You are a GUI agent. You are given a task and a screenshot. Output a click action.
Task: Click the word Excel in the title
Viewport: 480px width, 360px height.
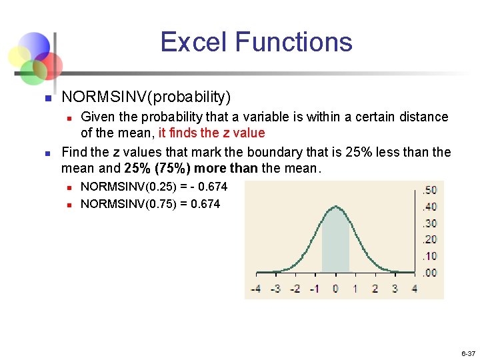point(194,42)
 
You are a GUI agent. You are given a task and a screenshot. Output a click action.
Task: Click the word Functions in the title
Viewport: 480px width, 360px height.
point(293,42)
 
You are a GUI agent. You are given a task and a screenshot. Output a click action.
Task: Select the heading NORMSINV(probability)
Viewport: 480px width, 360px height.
point(146,97)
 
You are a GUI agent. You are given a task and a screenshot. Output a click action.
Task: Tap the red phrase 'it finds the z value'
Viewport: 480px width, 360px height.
point(211,133)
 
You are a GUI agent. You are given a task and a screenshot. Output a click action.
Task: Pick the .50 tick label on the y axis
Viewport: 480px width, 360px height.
point(430,191)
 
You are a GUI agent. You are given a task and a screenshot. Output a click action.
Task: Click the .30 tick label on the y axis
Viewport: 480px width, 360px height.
point(430,223)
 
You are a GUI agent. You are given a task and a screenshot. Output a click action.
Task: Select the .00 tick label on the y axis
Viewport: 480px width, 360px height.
point(430,272)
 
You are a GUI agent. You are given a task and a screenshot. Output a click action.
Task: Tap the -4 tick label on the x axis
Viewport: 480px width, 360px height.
point(255,289)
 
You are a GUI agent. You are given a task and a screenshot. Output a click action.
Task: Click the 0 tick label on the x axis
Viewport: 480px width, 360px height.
point(335,289)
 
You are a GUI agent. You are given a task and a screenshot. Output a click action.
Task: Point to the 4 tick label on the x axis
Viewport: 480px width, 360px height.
point(415,289)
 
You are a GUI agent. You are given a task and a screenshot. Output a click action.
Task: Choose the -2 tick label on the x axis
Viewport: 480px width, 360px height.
point(295,289)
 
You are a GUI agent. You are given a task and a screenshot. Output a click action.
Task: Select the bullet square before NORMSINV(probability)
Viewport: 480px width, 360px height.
point(47,99)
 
